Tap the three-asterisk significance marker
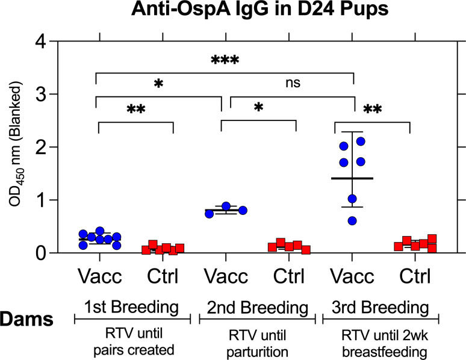(x=225, y=60)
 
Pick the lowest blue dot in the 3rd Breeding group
(x=352, y=221)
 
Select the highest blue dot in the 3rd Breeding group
(x=361, y=141)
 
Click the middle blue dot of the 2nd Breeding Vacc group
(x=226, y=206)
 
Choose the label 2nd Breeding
(x=255, y=308)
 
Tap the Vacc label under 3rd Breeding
(x=354, y=278)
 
